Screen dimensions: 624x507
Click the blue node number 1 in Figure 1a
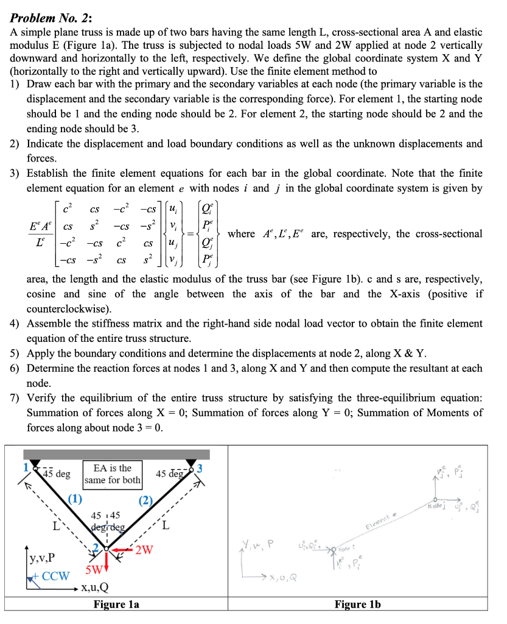[26, 468]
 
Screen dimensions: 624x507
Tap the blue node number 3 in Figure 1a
[200, 469]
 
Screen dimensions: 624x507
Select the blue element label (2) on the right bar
[146, 501]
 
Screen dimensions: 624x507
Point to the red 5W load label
[94, 571]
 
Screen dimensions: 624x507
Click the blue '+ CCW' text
[52, 576]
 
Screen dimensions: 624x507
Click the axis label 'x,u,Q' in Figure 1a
[95, 588]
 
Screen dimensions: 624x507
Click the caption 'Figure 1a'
[116, 605]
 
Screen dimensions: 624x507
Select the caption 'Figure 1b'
[357, 605]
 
